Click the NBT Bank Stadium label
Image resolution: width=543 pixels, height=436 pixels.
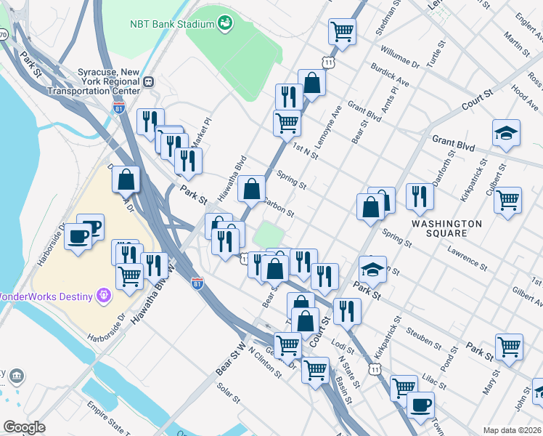click(x=171, y=24)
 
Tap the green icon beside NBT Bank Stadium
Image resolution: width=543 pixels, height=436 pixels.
click(x=226, y=23)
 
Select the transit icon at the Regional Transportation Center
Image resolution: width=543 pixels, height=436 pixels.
click(x=148, y=82)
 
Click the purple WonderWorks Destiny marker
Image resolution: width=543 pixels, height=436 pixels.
click(x=104, y=295)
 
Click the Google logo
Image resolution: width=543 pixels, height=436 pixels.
click(x=24, y=427)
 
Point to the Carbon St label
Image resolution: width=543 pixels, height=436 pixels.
click(x=279, y=208)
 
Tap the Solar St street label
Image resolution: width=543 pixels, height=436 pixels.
click(x=228, y=392)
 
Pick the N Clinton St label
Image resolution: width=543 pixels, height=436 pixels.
click(x=264, y=361)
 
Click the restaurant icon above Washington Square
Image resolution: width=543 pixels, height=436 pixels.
click(x=420, y=195)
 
